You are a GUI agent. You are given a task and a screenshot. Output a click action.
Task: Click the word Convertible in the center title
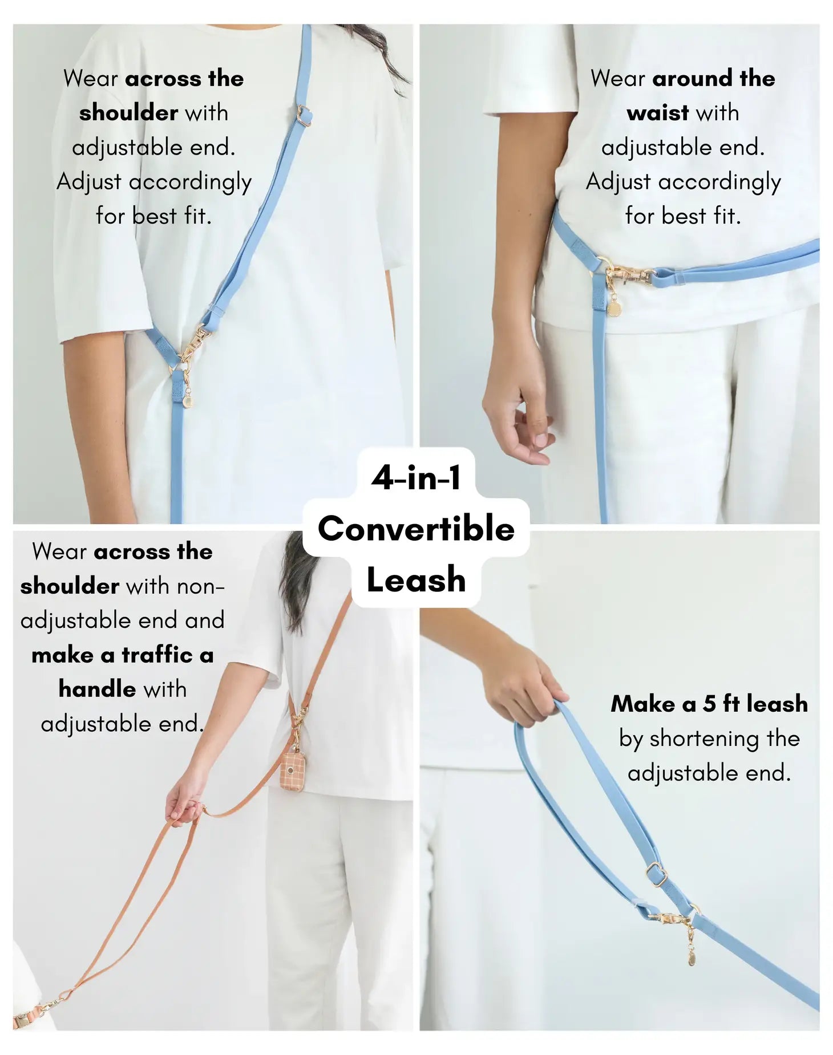point(416,529)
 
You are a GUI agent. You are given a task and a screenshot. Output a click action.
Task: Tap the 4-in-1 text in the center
point(416,478)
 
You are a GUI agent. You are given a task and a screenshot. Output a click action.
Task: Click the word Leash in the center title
point(416,580)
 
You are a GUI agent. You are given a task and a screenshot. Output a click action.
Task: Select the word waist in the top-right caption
point(657,113)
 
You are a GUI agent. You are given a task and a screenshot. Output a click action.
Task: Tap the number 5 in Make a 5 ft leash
point(709,704)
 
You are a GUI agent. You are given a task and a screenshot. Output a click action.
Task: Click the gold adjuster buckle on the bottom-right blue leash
point(656,874)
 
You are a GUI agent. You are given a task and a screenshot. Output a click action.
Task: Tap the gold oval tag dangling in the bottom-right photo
point(691,956)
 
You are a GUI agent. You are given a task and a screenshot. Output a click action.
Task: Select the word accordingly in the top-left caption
point(190,182)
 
